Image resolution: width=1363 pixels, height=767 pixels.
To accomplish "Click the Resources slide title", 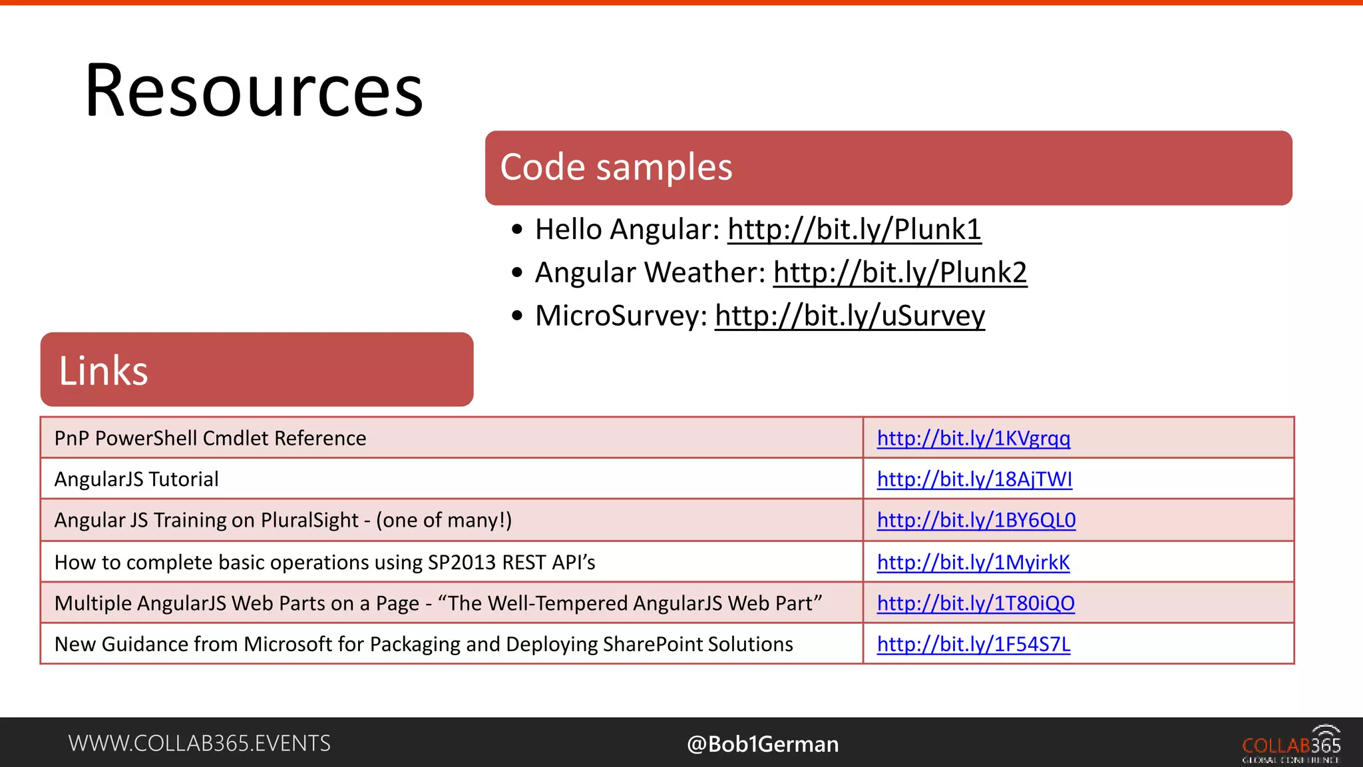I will click(x=254, y=91).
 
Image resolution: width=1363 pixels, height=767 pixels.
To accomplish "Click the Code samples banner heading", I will click(x=616, y=167).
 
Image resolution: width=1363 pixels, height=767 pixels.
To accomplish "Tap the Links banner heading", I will click(x=103, y=371).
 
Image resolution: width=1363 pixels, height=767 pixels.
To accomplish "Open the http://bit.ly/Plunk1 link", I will click(x=854, y=230).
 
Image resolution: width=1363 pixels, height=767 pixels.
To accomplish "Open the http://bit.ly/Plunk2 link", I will click(x=900, y=273).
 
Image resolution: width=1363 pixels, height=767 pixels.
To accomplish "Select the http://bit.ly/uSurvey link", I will click(x=849, y=316).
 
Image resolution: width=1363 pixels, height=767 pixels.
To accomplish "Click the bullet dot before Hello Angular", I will click(x=518, y=230).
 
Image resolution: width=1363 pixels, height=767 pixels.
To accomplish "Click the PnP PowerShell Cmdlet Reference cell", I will click(x=210, y=438).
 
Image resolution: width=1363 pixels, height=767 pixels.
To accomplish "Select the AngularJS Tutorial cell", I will click(x=136, y=479).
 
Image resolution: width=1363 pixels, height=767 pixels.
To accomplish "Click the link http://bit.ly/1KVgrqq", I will click(x=973, y=438).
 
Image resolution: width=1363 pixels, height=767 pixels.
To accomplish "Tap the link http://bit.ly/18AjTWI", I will click(x=974, y=479).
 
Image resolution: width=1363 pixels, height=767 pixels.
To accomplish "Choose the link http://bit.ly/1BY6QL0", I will click(x=976, y=520).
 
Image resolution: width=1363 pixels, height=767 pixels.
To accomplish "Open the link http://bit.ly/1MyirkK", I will click(x=973, y=563).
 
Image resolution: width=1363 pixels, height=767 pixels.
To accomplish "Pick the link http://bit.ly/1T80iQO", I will click(x=975, y=603).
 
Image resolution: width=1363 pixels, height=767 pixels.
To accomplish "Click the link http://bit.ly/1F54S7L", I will click(x=973, y=644).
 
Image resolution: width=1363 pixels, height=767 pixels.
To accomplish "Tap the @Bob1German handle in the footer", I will click(x=763, y=744).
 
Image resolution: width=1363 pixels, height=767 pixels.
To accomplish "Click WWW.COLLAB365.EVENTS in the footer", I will click(x=199, y=743).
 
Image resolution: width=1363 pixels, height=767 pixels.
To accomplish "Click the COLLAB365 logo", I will click(x=1291, y=744).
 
